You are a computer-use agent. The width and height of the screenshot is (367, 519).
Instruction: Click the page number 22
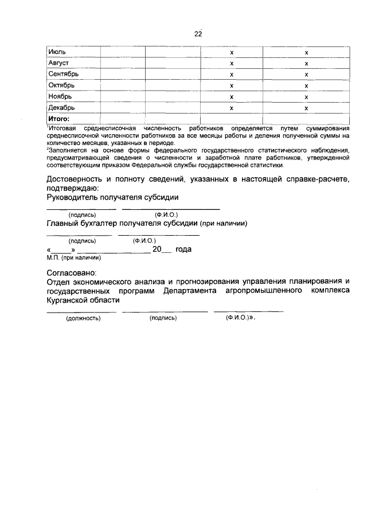click(198, 34)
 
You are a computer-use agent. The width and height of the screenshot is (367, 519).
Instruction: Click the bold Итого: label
click(58, 119)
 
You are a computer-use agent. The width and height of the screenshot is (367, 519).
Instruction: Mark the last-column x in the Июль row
click(307, 52)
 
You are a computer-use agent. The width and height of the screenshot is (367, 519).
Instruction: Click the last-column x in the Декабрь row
click(307, 107)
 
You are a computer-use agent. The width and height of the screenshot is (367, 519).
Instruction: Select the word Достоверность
click(77, 179)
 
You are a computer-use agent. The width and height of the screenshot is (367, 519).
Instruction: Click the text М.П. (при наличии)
click(69, 257)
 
